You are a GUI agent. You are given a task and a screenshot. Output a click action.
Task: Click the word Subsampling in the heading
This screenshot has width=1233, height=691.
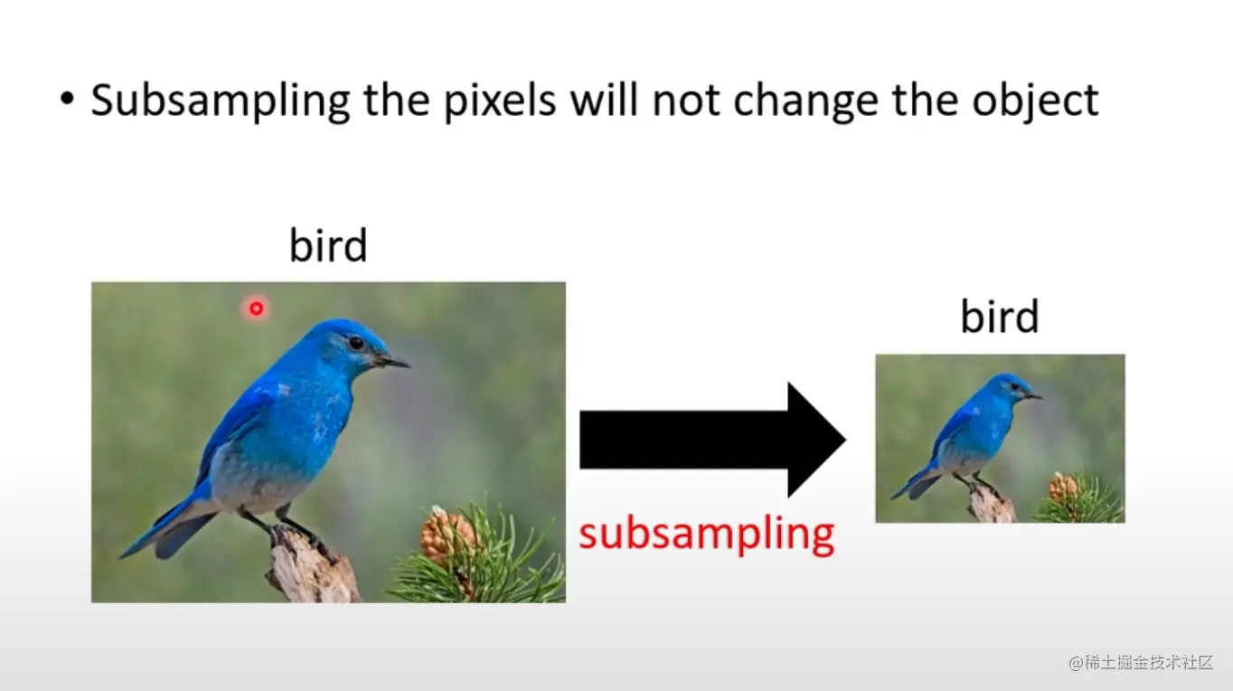click(x=221, y=101)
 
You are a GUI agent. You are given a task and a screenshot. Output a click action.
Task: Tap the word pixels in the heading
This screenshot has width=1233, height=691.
click(x=500, y=101)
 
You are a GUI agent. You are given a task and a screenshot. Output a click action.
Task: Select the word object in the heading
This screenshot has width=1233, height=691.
click(x=1035, y=101)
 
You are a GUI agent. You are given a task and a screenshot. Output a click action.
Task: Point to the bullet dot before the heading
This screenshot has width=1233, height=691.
click(x=67, y=99)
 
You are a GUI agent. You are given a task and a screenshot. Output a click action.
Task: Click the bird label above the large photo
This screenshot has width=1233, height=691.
click(x=328, y=245)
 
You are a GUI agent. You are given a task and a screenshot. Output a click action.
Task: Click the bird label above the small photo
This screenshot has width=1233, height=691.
click(x=1000, y=317)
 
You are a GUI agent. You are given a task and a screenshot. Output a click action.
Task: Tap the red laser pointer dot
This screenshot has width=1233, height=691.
click(x=256, y=308)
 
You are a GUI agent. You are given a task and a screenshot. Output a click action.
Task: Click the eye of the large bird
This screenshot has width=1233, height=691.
click(x=355, y=343)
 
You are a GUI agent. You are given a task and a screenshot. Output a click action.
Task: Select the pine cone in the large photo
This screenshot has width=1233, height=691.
click(x=447, y=535)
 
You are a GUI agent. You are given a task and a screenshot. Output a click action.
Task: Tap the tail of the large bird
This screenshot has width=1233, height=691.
click(x=165, y=528)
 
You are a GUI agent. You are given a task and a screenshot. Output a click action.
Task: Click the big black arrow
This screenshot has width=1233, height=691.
click(x=712, y=440)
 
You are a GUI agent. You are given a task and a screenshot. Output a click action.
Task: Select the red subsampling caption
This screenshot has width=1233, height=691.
click(x=707, y=535)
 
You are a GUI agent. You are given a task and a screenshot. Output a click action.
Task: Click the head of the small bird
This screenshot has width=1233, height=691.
click(x=1014, y=387)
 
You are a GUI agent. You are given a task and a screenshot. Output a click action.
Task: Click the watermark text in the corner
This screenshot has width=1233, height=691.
click(x=1141, y=662)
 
